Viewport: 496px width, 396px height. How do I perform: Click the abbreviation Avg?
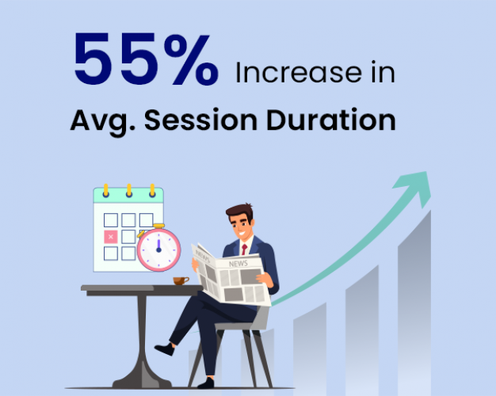98,121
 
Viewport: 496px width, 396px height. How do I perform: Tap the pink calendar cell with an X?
110,237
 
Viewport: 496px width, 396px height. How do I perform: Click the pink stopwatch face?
158,248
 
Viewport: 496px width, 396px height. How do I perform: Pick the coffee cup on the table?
181,280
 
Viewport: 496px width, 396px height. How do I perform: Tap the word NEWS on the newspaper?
238,264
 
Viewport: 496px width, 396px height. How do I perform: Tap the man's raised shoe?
164,348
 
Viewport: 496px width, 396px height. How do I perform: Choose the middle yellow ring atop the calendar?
128,191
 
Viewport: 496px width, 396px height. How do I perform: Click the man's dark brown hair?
238,211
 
